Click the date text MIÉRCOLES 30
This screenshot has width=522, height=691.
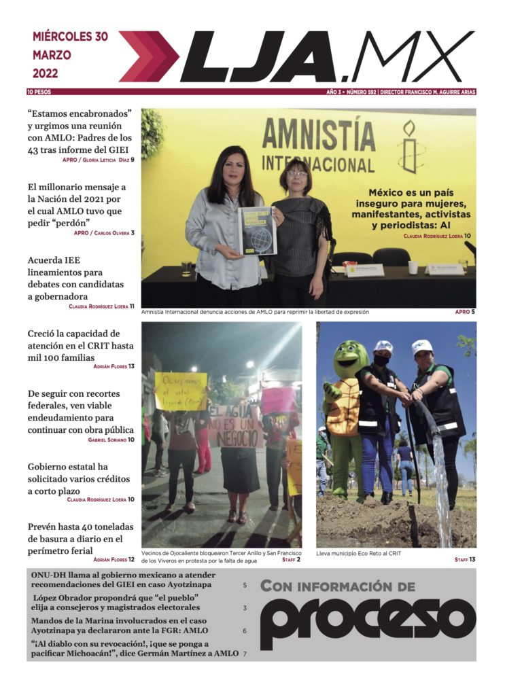(70, 37)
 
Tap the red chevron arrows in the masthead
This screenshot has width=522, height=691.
(148, 56)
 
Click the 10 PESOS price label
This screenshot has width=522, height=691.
(39, 91)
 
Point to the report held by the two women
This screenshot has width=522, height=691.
(257, 230)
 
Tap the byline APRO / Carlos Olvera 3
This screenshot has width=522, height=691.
(104, 233)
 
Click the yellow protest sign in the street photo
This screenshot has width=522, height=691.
(180, 390)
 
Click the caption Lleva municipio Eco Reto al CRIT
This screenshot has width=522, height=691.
(358, 554)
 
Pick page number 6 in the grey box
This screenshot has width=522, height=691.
(244, 631)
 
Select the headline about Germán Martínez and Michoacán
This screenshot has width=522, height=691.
(135, 649)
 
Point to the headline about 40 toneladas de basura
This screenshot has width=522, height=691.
(80, 538)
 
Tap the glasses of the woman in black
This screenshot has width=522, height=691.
(297, 174)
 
